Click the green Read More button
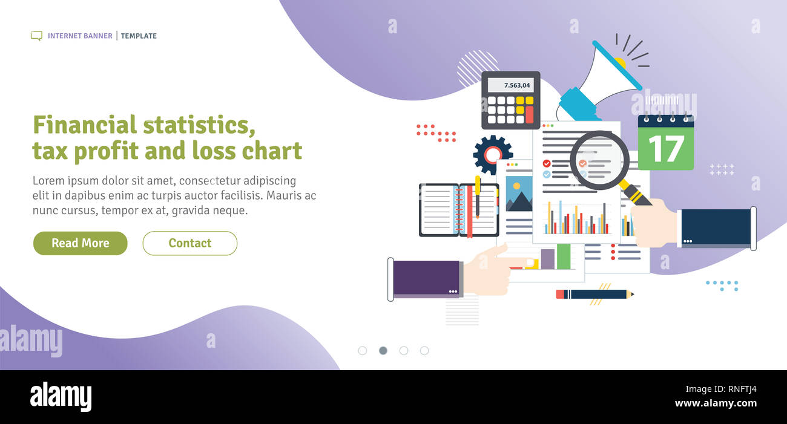click(81, 243)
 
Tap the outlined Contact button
click(189, 243)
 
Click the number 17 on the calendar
click(665, 149)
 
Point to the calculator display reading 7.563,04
click(510, 85)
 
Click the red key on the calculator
click(529, 114)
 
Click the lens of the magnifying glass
click(599, 160)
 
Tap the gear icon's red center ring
click(492, 155)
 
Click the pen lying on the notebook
click(477, 197)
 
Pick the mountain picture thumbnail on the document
click(519, 194)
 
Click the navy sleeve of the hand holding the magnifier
click(715, 227)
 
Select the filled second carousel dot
click(383, 350)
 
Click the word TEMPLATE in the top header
click(139, 36)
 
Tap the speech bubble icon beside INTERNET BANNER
click(36, 36)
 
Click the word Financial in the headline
click(84, 125)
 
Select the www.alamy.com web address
click(716, 403)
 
